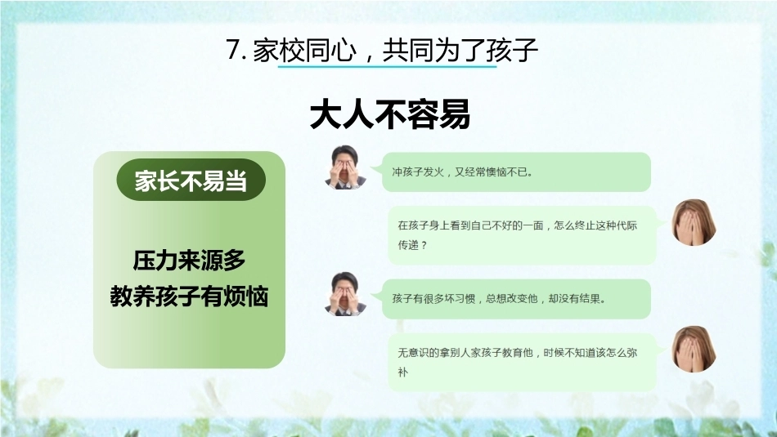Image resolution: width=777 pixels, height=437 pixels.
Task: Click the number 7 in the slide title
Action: tap(235, 50)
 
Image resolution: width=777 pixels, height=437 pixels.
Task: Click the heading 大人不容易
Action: tap(389, 115)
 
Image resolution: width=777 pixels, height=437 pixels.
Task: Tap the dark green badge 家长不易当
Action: tap(191, 181)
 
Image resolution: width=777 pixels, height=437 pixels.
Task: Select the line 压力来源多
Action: tap(189, 261)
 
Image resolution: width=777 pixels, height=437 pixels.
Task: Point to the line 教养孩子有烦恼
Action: tap(189, 297)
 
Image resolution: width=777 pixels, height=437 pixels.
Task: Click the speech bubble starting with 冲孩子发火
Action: tap(515, 172)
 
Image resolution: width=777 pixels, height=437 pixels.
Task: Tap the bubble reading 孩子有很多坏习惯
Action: tap(515, 299)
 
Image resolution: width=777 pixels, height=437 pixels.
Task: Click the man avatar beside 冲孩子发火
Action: tap(345, 167)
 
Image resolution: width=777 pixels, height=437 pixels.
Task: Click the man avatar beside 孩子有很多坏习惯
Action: tap(345, 294)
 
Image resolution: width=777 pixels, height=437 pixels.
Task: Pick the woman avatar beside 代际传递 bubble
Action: tap(694, 223)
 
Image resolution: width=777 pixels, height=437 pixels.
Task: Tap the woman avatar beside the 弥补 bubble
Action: tap(694, 350)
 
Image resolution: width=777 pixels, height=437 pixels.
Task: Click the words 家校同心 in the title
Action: tap(305, 51)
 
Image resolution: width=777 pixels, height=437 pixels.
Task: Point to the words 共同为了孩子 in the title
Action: tap(460, 51)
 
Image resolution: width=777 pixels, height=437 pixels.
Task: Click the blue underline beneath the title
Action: tap(387, 65)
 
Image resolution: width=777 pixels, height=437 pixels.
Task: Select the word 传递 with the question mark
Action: tap(412, 245)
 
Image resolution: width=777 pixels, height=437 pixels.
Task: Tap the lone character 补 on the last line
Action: tap(403, 372)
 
